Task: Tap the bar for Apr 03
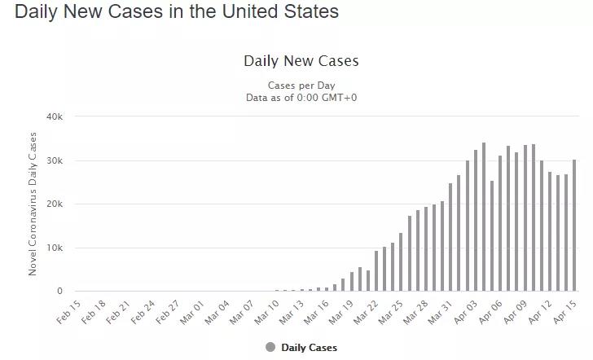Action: pyautogui.click(x=476, y=220)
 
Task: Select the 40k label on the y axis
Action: pyautogui.click(x=55, y=116)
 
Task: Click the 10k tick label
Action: pyautogui.click(x=55, y=248)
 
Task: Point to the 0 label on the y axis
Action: pyautogui.click(x=59, y=291)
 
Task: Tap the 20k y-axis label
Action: pyautogui.click(x=55, y=204)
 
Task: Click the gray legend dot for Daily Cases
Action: pyautogui.click(x=270, y=347)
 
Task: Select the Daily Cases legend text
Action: pyautogui.click(x=309, y=348)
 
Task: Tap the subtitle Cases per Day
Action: pyautogui.click(x=301, y=86)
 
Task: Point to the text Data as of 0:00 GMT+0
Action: pyautogui.click(x=301, y=98)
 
